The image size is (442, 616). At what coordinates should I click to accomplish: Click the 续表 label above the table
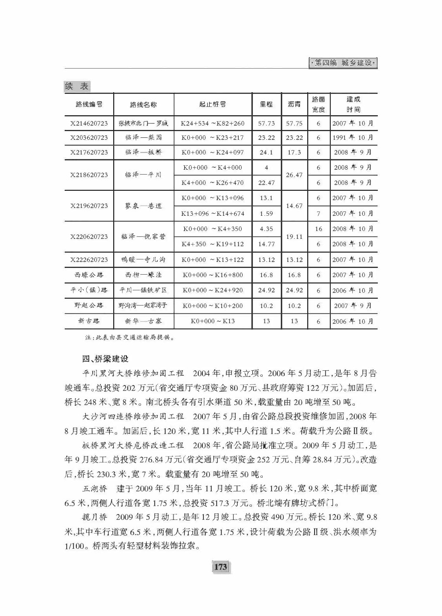point(76,86)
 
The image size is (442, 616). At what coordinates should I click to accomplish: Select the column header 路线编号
point(89,104)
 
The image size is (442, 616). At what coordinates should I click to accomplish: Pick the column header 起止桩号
point(212,104)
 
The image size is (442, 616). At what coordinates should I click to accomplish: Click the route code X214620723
point(89,123)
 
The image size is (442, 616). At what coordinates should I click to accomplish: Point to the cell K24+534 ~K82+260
point(212,123)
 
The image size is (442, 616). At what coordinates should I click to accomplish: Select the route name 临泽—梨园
point(143,138)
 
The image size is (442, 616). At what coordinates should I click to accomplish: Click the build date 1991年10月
point(352,138)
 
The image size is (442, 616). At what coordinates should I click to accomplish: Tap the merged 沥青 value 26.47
point(294,175)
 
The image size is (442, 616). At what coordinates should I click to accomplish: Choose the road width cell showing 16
point(319,229)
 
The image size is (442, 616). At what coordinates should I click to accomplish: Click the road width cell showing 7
point(319,213)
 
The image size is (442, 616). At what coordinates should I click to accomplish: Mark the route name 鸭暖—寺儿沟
point(143,259)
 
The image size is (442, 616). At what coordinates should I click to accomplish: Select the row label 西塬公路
point(89,275)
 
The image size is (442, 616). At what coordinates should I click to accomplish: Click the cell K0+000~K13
point(212,321)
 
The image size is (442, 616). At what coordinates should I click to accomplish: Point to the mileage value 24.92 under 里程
point(266,290)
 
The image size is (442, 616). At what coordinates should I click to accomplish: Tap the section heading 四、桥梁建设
point(105,359)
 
